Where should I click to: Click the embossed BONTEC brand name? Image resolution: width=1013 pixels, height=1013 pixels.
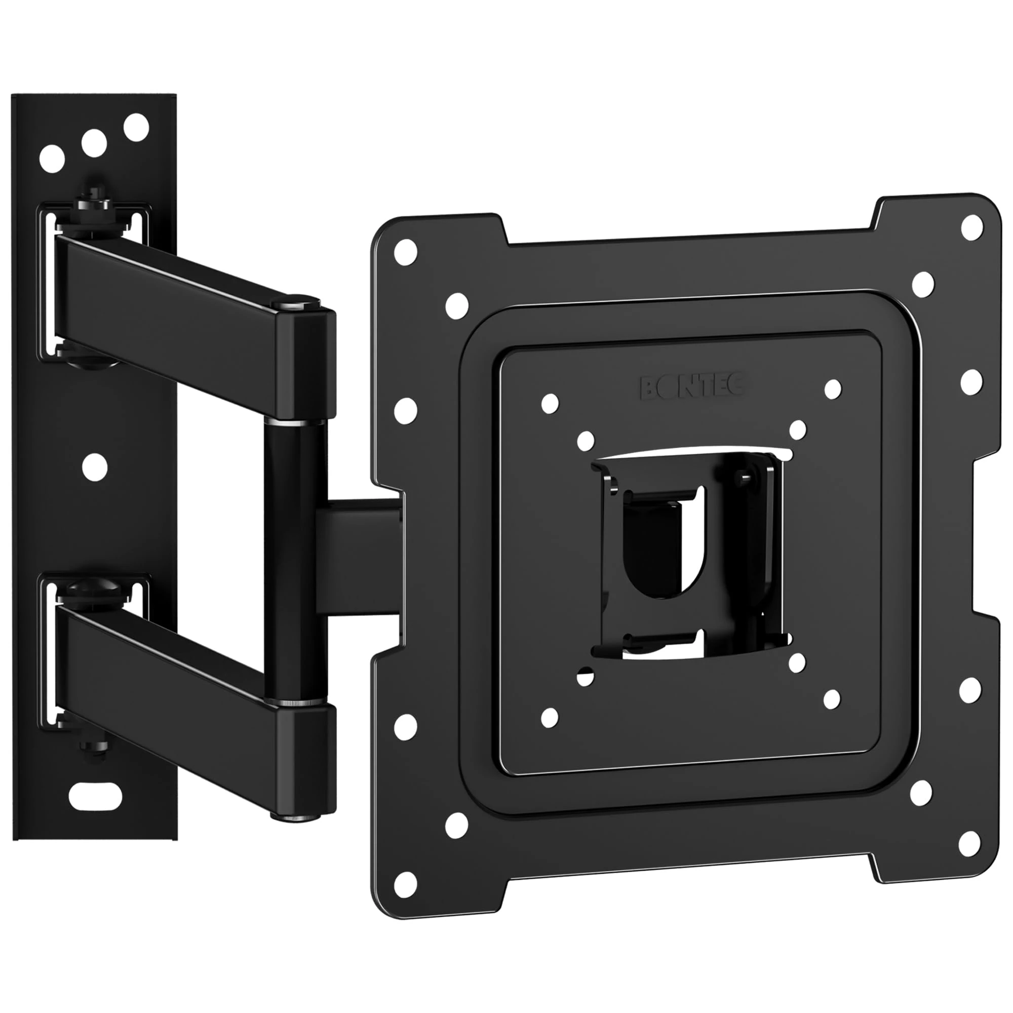691,387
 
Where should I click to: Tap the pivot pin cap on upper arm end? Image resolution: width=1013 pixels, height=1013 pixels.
296,302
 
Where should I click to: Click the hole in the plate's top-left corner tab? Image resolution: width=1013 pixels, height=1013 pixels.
405,252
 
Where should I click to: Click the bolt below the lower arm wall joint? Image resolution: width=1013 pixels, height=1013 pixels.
94,745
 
